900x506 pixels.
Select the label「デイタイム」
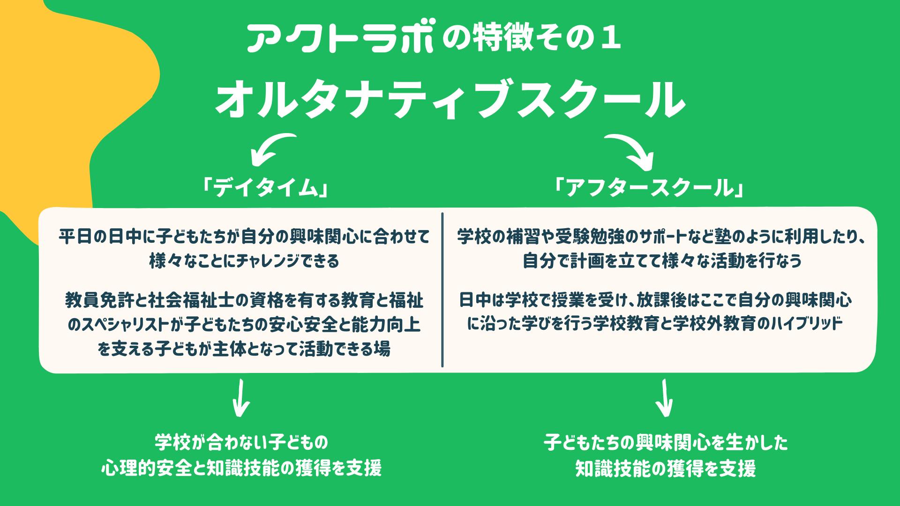tap(265, 188)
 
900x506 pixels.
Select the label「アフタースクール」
tap(649, 188)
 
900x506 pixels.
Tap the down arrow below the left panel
tap(240, 398)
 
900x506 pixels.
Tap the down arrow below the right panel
tap(664, 398)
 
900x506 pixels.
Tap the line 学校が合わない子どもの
tap(242, 442)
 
